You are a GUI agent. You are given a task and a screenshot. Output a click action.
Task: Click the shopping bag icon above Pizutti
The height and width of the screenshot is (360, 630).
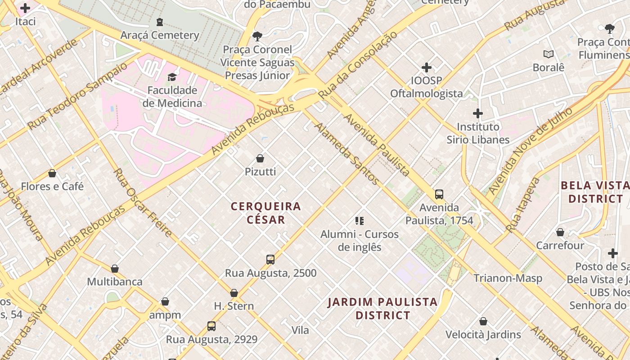(260, 158)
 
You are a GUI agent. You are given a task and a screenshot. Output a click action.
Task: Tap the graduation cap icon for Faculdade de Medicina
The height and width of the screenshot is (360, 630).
(172, 77)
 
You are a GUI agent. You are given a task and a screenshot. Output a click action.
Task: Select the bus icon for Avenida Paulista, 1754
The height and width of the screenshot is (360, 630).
(439, 194)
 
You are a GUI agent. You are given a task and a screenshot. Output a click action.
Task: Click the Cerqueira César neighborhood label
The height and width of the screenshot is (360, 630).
(266, 213)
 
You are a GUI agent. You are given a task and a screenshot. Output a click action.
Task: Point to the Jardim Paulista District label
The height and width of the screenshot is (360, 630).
(382, 308)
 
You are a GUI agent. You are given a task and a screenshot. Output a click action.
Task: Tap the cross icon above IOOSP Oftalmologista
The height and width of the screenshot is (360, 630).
(426, 67)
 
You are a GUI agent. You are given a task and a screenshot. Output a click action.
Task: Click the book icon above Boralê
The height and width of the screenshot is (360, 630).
(548, 54)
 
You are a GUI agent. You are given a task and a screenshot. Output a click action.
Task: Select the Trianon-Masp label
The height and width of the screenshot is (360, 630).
(508, 278)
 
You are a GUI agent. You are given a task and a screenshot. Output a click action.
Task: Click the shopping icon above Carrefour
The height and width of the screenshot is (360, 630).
(560, 232)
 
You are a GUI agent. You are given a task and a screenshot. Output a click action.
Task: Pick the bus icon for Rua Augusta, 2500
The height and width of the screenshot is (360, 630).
(270, 260)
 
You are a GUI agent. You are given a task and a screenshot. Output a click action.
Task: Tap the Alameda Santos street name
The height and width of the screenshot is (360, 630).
(346, 153)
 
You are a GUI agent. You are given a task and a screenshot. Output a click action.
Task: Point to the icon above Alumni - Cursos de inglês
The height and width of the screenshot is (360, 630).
(359, 221)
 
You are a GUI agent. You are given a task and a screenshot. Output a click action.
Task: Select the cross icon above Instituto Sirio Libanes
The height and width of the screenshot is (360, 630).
(478, 113)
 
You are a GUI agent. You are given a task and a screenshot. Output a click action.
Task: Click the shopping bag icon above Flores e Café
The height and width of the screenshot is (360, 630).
(52, 173)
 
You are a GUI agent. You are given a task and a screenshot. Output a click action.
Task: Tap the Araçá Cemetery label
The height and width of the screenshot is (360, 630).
(160, 35)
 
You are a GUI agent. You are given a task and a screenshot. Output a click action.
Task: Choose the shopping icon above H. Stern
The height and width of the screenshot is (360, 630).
(234, 293)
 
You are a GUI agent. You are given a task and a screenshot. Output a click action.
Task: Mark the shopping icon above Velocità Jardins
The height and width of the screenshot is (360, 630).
(483, 321)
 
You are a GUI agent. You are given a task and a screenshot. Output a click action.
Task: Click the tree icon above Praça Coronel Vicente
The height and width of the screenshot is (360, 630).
(257, 36)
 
